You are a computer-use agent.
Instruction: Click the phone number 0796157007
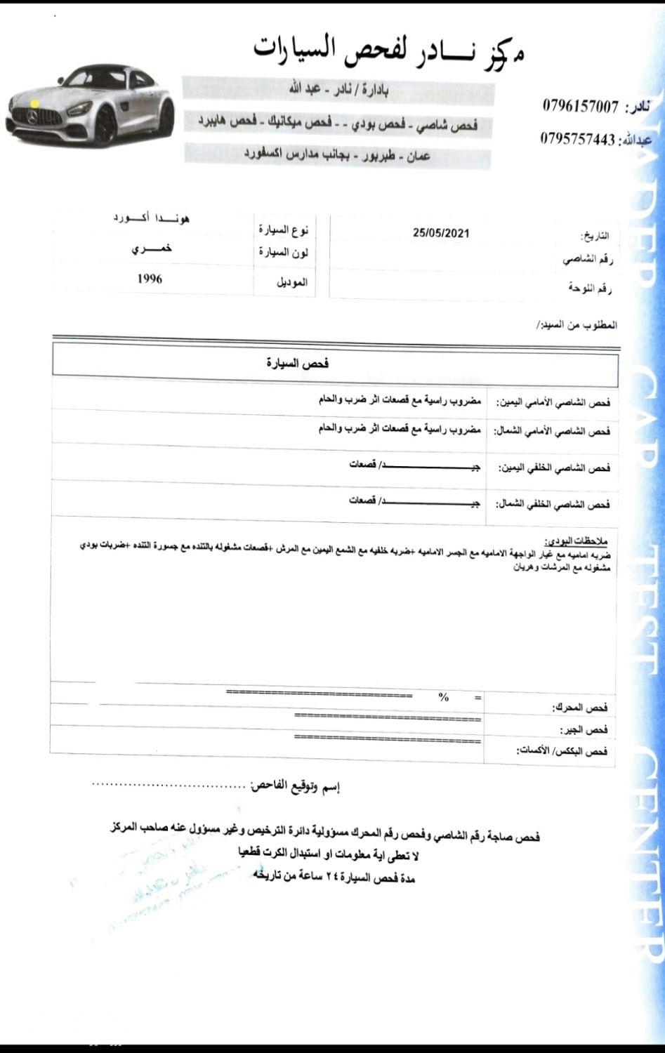coord(580,107)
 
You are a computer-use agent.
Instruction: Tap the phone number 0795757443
coord(577,138)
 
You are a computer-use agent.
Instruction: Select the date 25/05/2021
coord(441,233)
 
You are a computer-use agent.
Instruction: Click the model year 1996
coord(150,279)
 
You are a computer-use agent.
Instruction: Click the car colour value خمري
coord(152,249)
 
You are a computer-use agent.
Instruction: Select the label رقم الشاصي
coord(588,260)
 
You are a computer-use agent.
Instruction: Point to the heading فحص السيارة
coord(298,364)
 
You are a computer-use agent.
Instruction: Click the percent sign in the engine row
coord(443,697)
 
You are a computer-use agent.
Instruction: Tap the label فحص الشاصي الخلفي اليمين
coord(553,468)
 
